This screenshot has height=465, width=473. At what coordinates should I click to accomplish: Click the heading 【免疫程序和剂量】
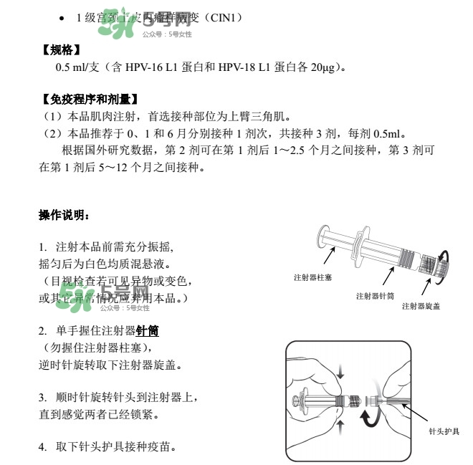88,99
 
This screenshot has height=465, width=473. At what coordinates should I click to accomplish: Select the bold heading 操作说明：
64,215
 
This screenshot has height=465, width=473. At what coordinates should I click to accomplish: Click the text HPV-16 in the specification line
147,68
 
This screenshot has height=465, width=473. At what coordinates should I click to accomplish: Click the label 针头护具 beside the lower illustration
444,432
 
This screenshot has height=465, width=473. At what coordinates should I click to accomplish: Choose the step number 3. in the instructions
43,396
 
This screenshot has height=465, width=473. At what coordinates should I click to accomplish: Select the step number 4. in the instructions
43,447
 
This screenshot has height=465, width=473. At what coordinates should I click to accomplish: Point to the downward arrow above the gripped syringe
340,372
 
